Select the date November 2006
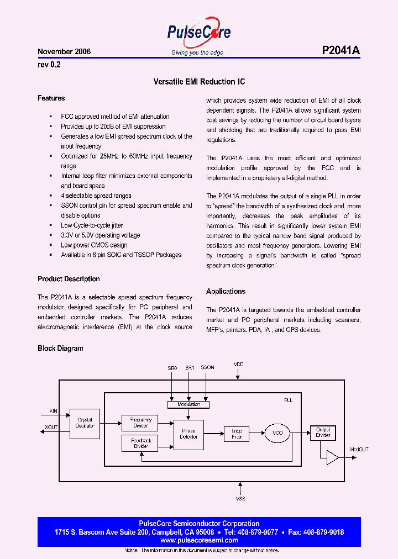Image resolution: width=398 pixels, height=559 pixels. [x=64, y=51]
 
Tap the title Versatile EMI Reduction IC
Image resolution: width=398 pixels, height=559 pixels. [x=199, y=82]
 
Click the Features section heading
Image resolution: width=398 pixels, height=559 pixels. [x=51, y=98]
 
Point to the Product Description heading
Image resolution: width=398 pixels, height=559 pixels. [x=69, y=279]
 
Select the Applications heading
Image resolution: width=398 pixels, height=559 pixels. [x=226, y=291]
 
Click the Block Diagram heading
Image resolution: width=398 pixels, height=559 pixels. [x=60, y=349]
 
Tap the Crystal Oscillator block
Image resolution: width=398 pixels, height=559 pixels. [x=85, y=423]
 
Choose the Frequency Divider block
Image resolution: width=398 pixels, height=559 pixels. [x=140, y=423]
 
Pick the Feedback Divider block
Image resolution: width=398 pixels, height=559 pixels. [x=140, y=442]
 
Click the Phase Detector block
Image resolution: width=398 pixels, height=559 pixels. [x=188, y=434]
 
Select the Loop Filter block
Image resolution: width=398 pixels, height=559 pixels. [x=237, y=434]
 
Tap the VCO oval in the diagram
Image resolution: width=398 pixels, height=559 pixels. [x=277, y=433]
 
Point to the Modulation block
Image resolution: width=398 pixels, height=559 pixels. [x=189, y=404]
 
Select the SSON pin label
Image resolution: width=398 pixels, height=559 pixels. [x=207, y=367]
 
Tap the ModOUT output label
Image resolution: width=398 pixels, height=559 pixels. [x=359, y=450]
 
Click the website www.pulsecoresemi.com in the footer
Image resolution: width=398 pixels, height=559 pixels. [x=199, y=540]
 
